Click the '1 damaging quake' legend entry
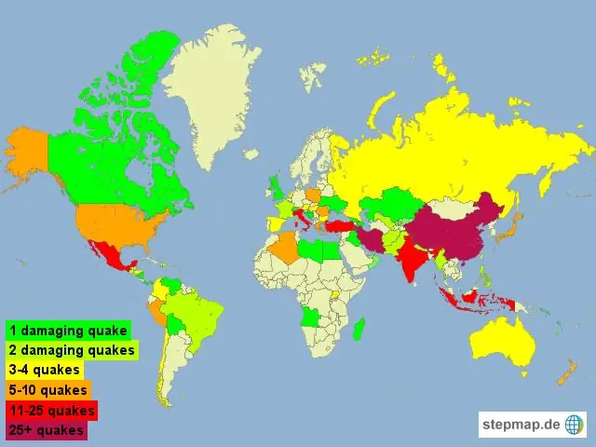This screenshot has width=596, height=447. point(68,330)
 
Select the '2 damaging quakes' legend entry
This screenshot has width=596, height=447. point(72,350)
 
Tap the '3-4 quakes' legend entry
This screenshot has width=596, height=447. point(44,370)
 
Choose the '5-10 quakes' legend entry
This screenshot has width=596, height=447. point(47,389)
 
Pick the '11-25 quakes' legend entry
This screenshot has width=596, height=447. point(51,410)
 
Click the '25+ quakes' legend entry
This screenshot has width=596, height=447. point(47,429)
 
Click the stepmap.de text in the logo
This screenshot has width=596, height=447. point(521,425)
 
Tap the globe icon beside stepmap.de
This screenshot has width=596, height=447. point(576,425)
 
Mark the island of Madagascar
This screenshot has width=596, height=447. point(359,331)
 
